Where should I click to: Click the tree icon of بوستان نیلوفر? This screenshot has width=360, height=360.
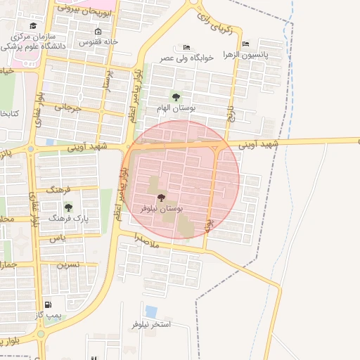tap(161, 199)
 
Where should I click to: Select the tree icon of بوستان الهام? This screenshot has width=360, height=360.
tap(175, 97)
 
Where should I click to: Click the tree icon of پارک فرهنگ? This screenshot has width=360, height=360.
tap(68, 207)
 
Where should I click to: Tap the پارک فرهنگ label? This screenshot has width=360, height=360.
tap(68, 219)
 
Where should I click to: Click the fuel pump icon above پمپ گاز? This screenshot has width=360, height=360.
tap(48, 304)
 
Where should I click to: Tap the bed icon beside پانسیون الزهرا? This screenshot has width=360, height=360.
tap(244, 44)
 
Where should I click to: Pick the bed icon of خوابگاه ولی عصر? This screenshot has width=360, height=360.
tap(186, 47)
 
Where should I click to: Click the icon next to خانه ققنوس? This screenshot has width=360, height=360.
tap(97, 31)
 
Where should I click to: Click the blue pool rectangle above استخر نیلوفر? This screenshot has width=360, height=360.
tap(151, 311)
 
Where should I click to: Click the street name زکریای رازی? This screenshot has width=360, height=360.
tap(219, 27)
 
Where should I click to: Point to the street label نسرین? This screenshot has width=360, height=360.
tap(67, 265)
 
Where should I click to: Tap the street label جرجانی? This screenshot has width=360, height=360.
tap(68, 109)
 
